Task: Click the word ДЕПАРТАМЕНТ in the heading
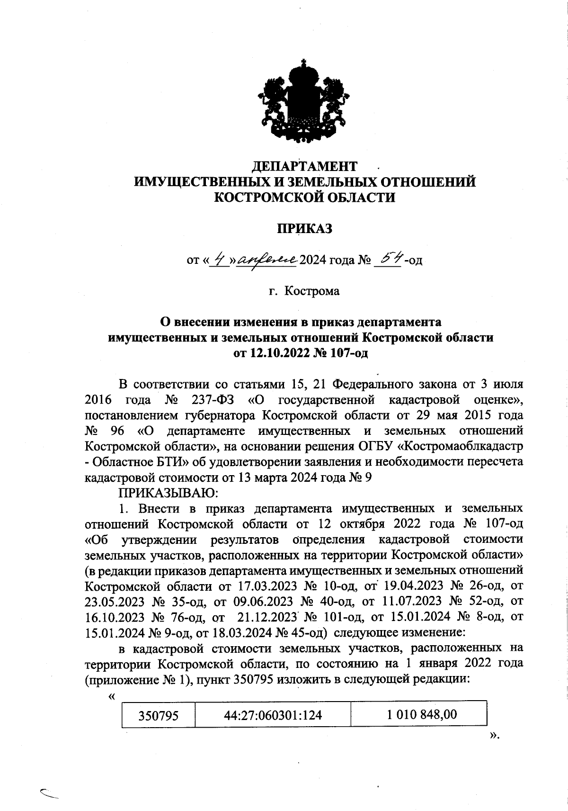pyautogui.click(x=304, y=166)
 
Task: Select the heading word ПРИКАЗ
pyautogui.click(x=305, y=229)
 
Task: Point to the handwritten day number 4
pyautogui.click(x=218, y=260)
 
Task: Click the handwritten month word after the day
pyautogui.click(x=268, y=260)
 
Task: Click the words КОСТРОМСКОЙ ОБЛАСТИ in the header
pyautogui.click(x=305, y=197)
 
